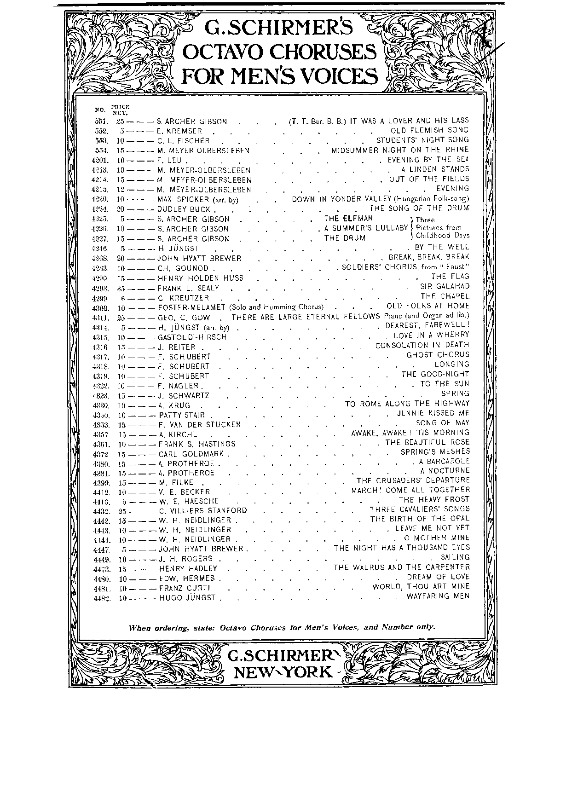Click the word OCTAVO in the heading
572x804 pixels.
pyautogui.click(x=224, y=52)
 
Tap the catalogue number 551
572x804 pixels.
pyautogui.click(x=100, y=121)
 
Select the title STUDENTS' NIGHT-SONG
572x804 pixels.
pyautogui.click(x=422, y=140)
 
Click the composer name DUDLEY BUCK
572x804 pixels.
pyautogui.click(x=184, y=209)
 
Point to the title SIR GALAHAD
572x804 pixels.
pyautogui.click(x=445, y=286)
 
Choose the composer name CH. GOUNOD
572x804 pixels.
pyautogui.click(x=183, y=268)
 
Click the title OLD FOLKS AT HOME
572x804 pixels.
pyautogui.click(x=428, y=306)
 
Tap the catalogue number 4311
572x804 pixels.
pyautogui.click(x=100, y=318)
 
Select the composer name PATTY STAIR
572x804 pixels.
pyautogui.click(x=181, y=415)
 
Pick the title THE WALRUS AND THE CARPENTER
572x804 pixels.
pyautogui.click(x=401, y=567)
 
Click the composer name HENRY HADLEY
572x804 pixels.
pyautogui.click(x=187, y=569)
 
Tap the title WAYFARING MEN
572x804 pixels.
pyautogui.click(x=438, y=596)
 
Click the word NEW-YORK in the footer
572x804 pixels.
pyautogui.click(x=283, y=672)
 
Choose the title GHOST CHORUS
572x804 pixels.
pyautogui.click(x=438, y=355)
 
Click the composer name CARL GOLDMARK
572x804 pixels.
pyautogui.click(x=191, y=454)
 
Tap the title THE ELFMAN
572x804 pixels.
pyautogui.click(x=348, y=218)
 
